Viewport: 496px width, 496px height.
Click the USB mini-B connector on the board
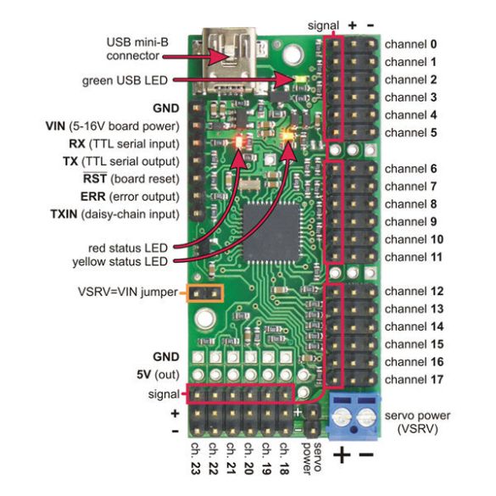[x=231, y=61]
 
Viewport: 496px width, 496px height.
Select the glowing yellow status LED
[x=288, y=136]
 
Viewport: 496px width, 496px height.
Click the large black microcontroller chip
[x=271, y=232]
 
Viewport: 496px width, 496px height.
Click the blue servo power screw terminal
[x=354, y=416]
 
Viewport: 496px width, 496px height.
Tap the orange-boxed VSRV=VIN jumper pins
[x=205, y=293]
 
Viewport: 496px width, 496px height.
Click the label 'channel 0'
[x=410, y=44]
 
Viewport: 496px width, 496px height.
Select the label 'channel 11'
[x=414, y=257]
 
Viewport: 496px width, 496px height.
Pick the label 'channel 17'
[x=414, y=380]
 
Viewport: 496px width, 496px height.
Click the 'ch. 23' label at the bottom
[x=196, y=459]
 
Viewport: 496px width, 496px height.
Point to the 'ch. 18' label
[x=284, y=459]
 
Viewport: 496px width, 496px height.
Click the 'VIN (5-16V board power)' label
[x=113, y=126]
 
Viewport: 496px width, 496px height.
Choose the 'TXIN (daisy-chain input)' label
[x=115, y=215]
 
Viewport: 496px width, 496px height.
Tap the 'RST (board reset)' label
[x=131, y=179]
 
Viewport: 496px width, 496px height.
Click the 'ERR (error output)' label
[x=130, y=197]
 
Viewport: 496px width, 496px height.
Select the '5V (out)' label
[x=159, y=375]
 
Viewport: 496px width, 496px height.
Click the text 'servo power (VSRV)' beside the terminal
[x=417, y=422]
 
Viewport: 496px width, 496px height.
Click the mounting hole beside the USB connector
[x=293, y=54]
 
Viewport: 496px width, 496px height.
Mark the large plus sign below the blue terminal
[x=342, y=455]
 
